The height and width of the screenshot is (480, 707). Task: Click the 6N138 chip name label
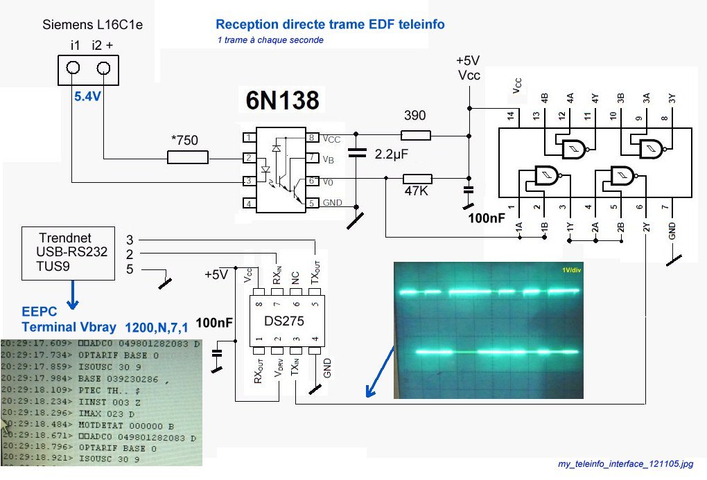pyautogui.click(x=283, y=101)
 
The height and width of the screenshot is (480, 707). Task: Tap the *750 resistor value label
pyautogui.click(x=184, y=141)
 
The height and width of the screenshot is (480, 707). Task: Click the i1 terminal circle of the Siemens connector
pyautogui.click(x=73, y=68)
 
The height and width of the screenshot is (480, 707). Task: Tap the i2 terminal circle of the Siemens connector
pyautogui.click(x=104, y=68)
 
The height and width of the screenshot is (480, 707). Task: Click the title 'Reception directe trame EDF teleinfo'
pyautogui.click(x=330, y=25)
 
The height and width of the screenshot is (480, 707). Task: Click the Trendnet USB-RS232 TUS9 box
pyautogui.click(x=68, y=254)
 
